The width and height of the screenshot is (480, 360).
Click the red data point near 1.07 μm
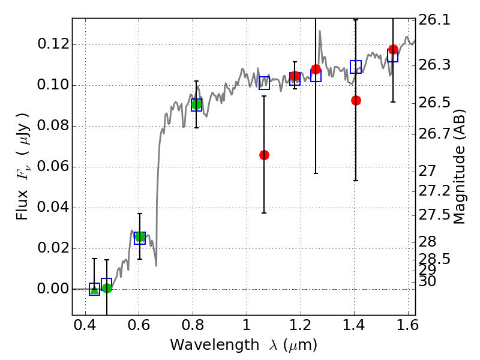pyautogui.click(x=264, y=155)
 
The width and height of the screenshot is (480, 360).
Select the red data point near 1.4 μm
pyautogui.click(x=356, y=100)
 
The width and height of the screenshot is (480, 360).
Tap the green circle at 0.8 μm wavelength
pyautogui.click(x=196, y=104)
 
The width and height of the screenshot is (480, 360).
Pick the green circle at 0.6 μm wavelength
pyautogui.click(x=140, y=237)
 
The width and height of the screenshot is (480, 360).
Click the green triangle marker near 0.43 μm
pyautogui.click(x=94, y=289)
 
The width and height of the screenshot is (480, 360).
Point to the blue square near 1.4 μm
pyautogui.click(x=356, y=67)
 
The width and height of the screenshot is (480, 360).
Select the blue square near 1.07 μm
pyautogui.click(x=264, y=83)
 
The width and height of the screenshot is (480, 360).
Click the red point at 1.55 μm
pyautogui.click(x=393, y=49)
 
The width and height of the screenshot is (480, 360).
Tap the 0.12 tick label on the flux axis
pyautogui.click(x=52, y=45)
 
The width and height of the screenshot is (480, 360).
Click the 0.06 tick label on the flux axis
pyautogui.click(x=52, y=167)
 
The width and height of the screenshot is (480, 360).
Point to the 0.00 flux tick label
pyautogui.click(x=52, y=289)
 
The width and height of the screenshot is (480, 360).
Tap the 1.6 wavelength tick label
pyautogui.click(x=407, y=328)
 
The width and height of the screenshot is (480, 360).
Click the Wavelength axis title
pyautogui.click(x=243, y=346)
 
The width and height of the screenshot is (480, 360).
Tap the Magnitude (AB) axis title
pyautogui.click(x=460, y=167)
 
